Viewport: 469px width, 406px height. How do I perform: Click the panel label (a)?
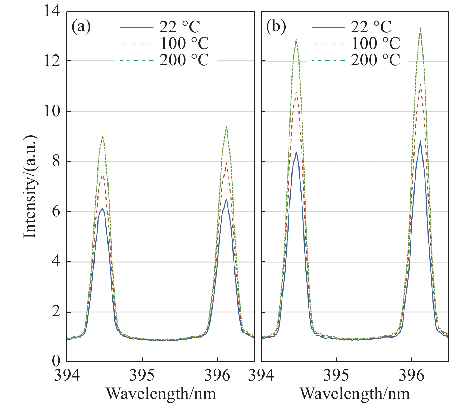pyautogui.click(x=81, y=27)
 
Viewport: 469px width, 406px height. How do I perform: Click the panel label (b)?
pyautogui.click(x=276, y=27)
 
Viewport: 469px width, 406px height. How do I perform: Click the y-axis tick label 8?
pyautogui.click(x=56, y=161)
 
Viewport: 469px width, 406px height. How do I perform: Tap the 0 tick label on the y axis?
pyautogui.click(x=56, y=361)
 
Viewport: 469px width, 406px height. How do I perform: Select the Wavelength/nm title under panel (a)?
pyautogui.click(x=161, y=394)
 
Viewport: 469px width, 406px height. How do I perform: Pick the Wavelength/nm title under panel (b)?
pyautogui.click(x=355, y=394)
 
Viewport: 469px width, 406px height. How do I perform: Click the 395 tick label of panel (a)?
pyautogui.click(x=142, y=375)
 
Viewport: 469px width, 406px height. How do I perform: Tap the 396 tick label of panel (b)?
pyautogui.click(x=411, y=375)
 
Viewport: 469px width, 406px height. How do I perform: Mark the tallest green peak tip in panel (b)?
pyautogui.click(x=420, y=28)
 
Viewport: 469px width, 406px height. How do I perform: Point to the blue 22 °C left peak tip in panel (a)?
pyautogui.click(x=102, y=208)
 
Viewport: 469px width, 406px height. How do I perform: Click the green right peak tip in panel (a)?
pyautogui.click(x=226, y=126)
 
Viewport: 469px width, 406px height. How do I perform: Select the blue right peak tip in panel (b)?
pyautogui.click(x=420, y=141)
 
